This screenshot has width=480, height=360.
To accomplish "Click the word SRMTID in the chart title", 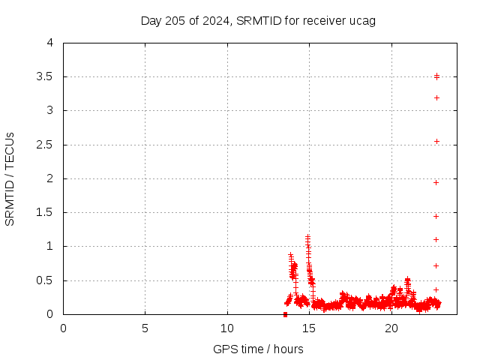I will [x=256, y=20].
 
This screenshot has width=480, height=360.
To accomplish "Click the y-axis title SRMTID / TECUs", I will [x=10, y=178].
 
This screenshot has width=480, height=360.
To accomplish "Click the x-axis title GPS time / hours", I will [x=258, y=349].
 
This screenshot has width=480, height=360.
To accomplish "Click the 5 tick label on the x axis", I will [x=145, y=328].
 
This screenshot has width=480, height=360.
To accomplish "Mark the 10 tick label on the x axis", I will [x=227, y=328].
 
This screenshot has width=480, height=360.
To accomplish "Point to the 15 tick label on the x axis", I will [x=309, y=328].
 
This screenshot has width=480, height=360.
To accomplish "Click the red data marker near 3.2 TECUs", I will [x=436, y=97].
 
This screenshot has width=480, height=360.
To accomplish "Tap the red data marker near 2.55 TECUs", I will [x=436, y=141].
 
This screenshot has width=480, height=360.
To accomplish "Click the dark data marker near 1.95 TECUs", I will [x=436, y=182].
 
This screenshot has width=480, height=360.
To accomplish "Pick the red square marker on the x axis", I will [x=285, y=314].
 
